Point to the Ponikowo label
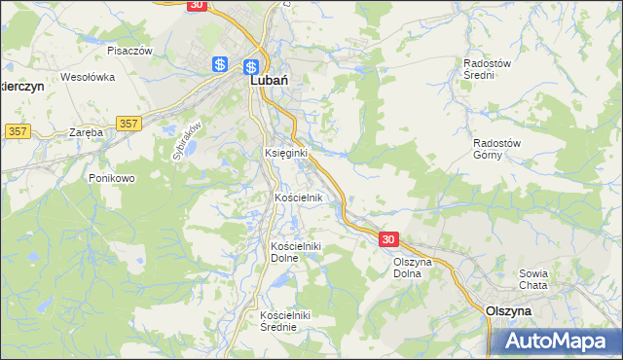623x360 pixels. [x=111, y=179]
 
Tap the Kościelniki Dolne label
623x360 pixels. [x=296, y=253]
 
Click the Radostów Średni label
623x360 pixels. [x=488, y=68]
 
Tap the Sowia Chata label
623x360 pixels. [x=535, y=279]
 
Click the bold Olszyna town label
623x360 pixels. [x=508, y=310]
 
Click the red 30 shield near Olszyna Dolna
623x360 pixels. [x=388, y=239]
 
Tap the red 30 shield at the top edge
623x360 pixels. [x=196, y=5]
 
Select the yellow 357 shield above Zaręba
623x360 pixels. [x=16, y=130]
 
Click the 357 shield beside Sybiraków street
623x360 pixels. [x=128, y=124]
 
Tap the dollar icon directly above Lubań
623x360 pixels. [x=251, y=67]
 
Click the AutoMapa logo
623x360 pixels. [x=556, y=341]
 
